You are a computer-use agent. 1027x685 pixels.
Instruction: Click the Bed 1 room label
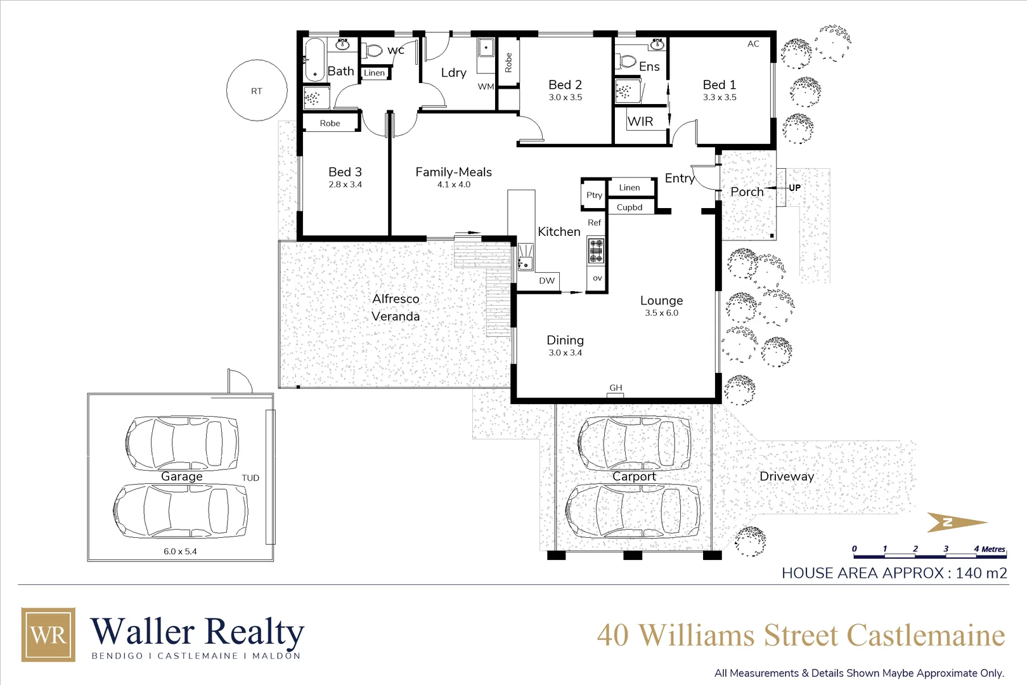719,85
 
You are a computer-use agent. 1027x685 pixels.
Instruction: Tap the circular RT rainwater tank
257,91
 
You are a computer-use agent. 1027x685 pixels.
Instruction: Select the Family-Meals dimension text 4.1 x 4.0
453,185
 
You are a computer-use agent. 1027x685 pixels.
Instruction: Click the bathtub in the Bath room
314,60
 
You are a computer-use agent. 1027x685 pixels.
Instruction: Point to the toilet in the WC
374,49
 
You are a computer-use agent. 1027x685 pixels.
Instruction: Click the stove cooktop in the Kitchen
596,251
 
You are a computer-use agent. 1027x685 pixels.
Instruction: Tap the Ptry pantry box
594,195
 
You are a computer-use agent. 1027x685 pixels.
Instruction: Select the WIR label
640,121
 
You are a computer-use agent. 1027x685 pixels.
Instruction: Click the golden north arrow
955,522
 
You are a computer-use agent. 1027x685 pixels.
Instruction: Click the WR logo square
48,634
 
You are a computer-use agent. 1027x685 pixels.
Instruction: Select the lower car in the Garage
181,511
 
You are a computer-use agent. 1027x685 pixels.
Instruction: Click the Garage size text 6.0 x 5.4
180,551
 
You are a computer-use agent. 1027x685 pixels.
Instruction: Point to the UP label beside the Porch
794,188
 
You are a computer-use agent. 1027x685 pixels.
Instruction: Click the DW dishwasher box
546,280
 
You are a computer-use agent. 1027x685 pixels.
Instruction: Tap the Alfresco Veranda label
396,307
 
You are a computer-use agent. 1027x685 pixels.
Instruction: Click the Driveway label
786,476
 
